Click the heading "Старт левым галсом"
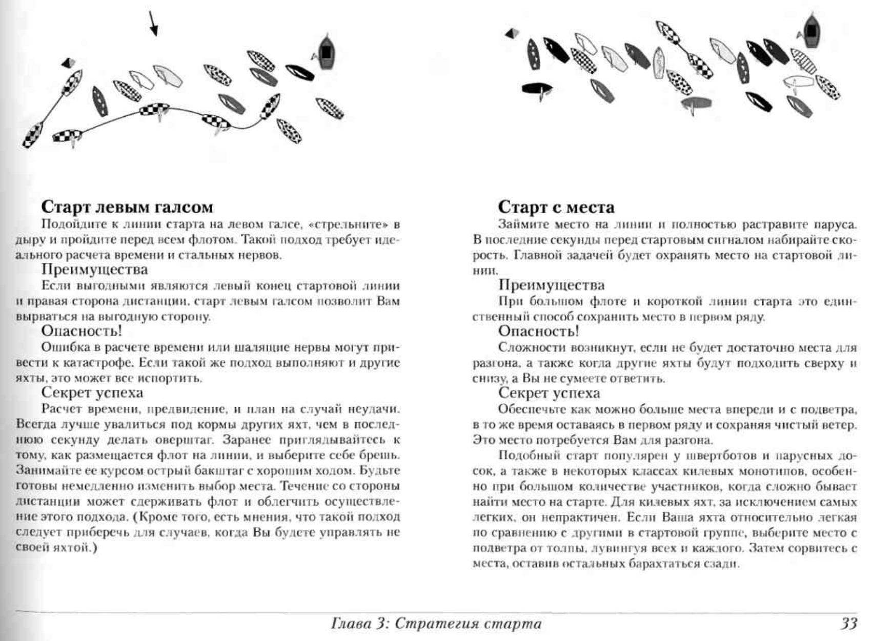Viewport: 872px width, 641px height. [x=127, y=207]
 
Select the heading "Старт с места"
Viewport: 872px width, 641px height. [x=556, y=207]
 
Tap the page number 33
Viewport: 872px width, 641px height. [x=848, y=623]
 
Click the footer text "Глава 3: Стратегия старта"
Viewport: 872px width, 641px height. [x=436, y=624]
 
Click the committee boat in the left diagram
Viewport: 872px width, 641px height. [x=326, y=51]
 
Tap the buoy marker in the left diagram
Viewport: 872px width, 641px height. [x=68, y=63]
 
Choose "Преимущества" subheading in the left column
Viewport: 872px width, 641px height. [x=94, y=270]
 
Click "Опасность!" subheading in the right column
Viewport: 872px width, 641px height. [x=539, y=332]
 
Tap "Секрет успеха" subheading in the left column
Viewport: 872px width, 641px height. [x=92, y=393]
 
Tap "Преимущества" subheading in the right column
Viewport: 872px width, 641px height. [x=552, y=285]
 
